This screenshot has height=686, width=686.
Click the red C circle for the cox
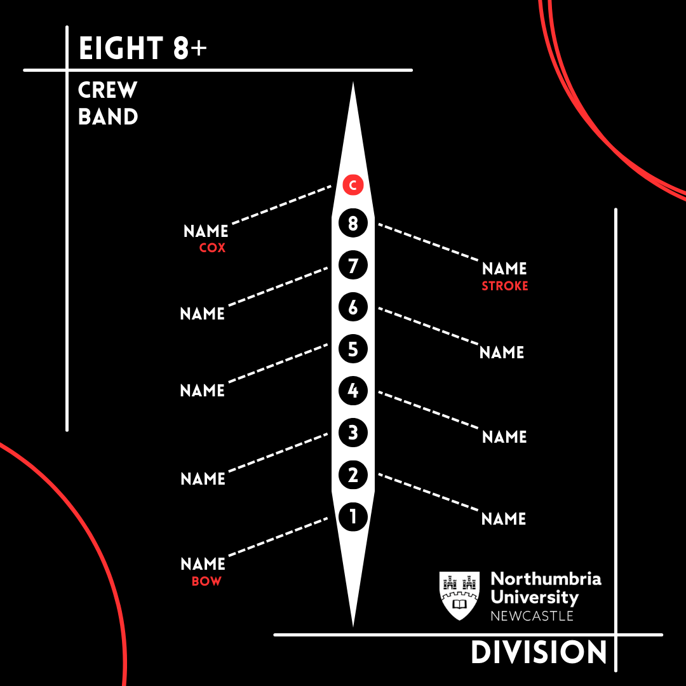point(352,185)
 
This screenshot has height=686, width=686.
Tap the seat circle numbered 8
point(353,224)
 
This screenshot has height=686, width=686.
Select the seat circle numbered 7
point(353,265)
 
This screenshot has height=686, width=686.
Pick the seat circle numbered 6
point(353,307)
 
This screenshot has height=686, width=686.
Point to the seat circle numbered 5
point(353,349)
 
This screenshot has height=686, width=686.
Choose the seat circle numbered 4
point(353,391)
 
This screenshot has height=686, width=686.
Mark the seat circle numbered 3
point(353,433)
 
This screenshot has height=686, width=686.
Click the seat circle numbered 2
point(353,475)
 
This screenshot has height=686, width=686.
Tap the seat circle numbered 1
point(353,516)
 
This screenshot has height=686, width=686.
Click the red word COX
point(212,248)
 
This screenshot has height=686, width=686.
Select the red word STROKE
point(505,286)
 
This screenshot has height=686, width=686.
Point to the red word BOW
point(206,581)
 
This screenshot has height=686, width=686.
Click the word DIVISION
point(539,653)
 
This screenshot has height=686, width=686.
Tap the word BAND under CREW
point(108,117)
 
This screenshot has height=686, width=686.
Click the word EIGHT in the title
point(121,50)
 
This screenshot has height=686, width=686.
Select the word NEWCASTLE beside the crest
point(532,616)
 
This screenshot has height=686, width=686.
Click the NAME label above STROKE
point(504,269)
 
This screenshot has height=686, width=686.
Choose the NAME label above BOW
point(203,564)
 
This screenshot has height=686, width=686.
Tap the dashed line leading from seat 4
point(429,413)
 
